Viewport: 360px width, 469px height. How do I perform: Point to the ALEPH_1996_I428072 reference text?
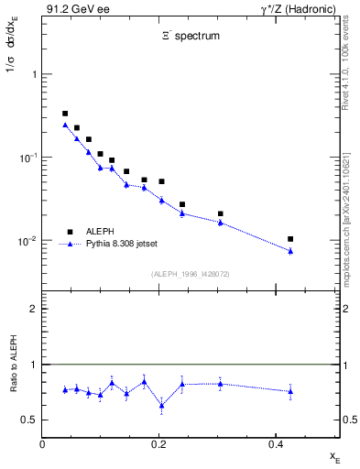click(190, 274)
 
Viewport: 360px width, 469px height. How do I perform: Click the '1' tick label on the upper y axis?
click(34, 74)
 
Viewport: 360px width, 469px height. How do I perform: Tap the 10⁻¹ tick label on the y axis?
click(28, 158)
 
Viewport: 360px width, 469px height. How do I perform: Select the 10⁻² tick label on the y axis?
click(28, 241)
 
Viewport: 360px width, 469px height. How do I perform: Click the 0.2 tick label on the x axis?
click(158, 444)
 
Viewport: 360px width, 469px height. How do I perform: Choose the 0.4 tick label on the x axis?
click(275, 444)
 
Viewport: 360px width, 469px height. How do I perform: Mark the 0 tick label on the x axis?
click(42, 444)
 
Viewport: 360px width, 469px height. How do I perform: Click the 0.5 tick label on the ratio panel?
click(30, 420)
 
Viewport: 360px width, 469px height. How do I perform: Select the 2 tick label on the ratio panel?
click(34, 309)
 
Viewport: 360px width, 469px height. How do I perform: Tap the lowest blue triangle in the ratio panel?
click(161, 405)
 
